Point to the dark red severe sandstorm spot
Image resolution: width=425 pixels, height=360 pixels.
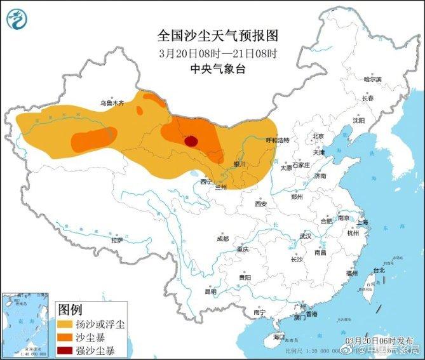191,140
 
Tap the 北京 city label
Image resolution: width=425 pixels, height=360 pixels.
318,136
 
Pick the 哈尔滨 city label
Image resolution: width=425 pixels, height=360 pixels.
372,79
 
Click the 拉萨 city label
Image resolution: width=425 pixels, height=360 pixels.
116,241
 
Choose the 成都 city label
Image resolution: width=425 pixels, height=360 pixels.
222,239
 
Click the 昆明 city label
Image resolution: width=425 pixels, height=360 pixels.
210,291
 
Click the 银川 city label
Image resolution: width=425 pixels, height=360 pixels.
239,164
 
